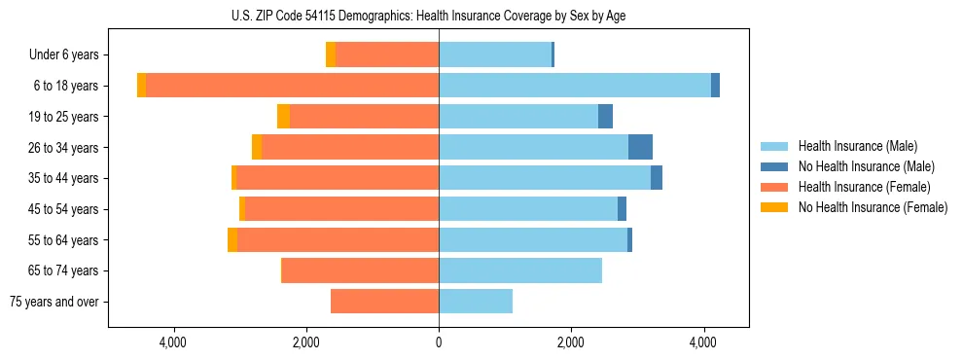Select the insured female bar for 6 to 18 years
pos(292,86)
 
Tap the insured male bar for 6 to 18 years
pos(574,86)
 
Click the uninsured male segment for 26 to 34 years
pos(640,147)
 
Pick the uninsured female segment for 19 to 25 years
pos(283,117)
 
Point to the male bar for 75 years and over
pos(476,302)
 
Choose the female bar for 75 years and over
pos(384,302)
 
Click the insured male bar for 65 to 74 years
pos(520,270)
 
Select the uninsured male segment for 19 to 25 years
pos(605,117)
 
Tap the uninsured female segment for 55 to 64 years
pos(232,239)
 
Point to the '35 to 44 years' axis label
pos(59,178)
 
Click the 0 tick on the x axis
pos(439,342)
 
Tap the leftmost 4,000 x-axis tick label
pos(173,342)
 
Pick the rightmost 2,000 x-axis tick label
pos(571,342)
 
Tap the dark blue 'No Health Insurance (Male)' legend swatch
pos(774,166)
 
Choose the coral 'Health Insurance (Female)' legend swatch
pos(774,187)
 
